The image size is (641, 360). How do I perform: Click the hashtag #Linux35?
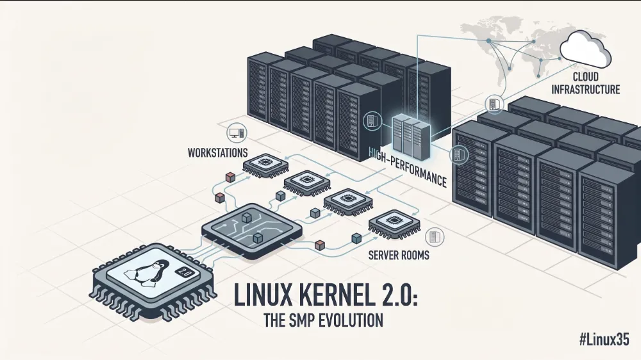[604, 340]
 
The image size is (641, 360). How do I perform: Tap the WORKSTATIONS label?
[217, 153]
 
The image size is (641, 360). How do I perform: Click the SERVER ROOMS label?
[399, 256]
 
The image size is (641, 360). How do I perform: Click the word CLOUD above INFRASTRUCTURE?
[585, 76]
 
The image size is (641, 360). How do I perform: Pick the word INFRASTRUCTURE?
[585, 89]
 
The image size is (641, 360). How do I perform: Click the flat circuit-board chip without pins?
[252, 231]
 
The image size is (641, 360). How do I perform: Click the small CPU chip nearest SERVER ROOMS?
[394, 224]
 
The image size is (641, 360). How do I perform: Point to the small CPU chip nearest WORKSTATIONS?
[265, 165]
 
